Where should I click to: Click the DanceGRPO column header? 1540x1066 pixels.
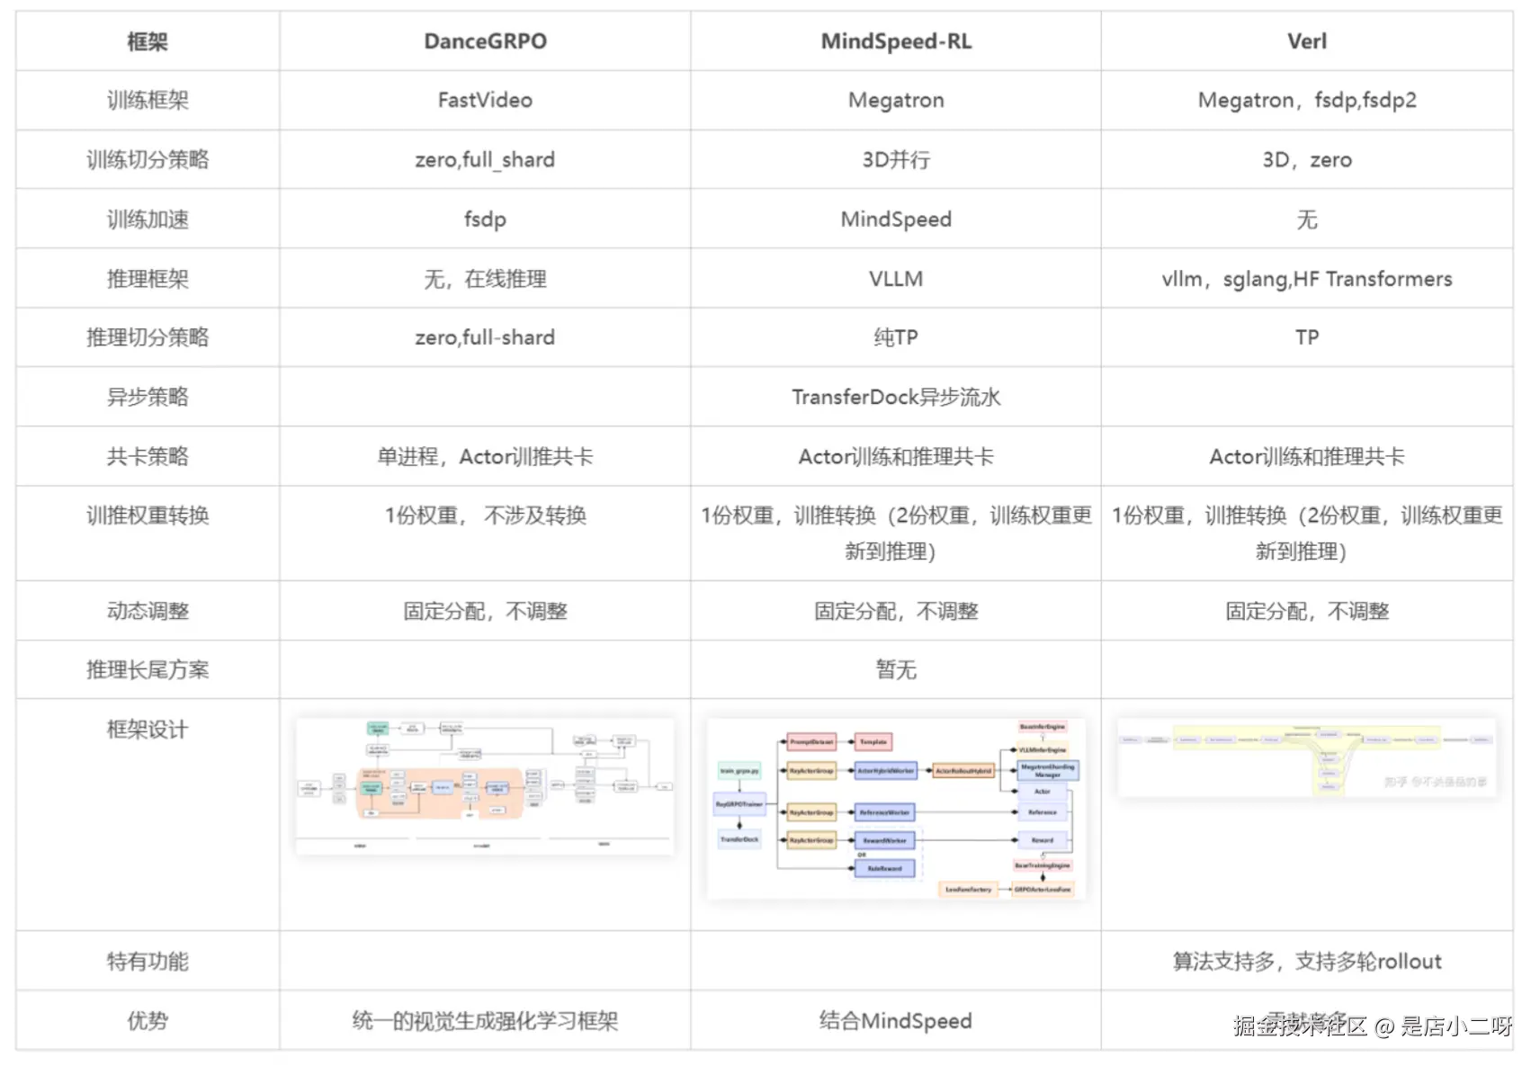[485, 41]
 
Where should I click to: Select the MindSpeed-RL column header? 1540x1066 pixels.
[896, 41]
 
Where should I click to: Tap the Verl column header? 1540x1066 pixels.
[1306, 41]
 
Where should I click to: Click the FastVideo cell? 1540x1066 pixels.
[485, 100]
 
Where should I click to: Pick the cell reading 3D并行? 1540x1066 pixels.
[896, 159]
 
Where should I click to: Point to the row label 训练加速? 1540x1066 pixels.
[148, 219]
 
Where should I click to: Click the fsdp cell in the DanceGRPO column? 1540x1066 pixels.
[485, 219]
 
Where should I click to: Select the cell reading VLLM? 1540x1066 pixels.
[896, 279]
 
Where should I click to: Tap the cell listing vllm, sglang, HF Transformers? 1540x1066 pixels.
[1306, 279]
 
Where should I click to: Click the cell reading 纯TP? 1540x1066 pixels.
[896, 337]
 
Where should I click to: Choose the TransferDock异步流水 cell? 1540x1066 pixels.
[896, 397]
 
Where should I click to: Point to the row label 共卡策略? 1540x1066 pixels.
[148, 456]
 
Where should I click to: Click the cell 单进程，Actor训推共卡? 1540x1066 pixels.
[485, 456]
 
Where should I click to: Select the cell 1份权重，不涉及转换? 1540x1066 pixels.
[485, 515]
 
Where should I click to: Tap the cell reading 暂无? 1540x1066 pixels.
[896, 669]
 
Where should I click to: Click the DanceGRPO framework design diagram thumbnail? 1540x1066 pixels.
[485, 785]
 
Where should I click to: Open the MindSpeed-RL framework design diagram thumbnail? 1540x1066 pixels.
[896, 808]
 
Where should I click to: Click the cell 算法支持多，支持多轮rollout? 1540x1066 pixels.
[1306, 961]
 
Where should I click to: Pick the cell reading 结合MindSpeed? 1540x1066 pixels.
[896, 1020]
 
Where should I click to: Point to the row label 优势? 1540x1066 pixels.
[148, 1020]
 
